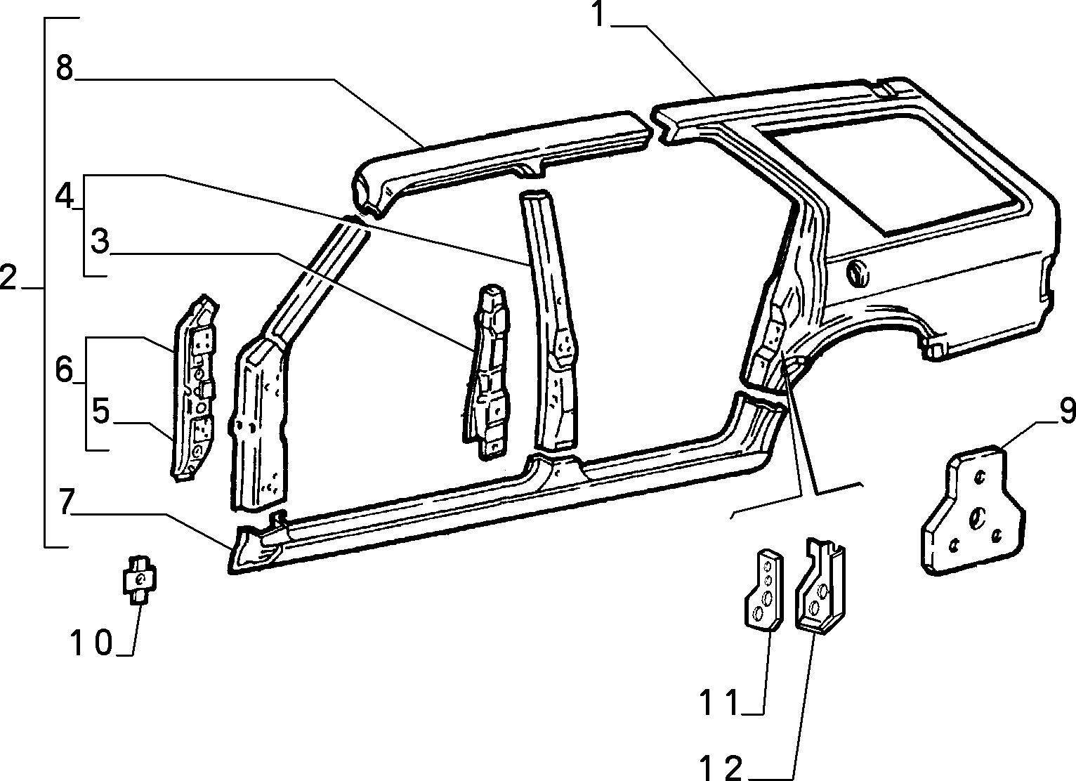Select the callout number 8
65,67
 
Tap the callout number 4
64,197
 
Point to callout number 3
100,241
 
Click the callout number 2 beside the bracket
8,277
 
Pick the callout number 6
64,369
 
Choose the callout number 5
100,411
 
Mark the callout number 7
67,501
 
